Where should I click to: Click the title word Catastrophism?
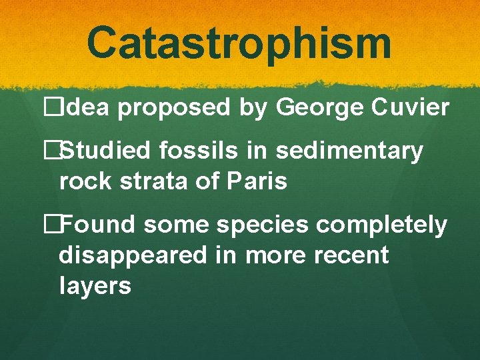pos(239,42)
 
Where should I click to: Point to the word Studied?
pos(107,151)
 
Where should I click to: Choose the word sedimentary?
pos(349,153)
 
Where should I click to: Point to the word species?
pos(270,227)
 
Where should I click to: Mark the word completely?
pos(382,227)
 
